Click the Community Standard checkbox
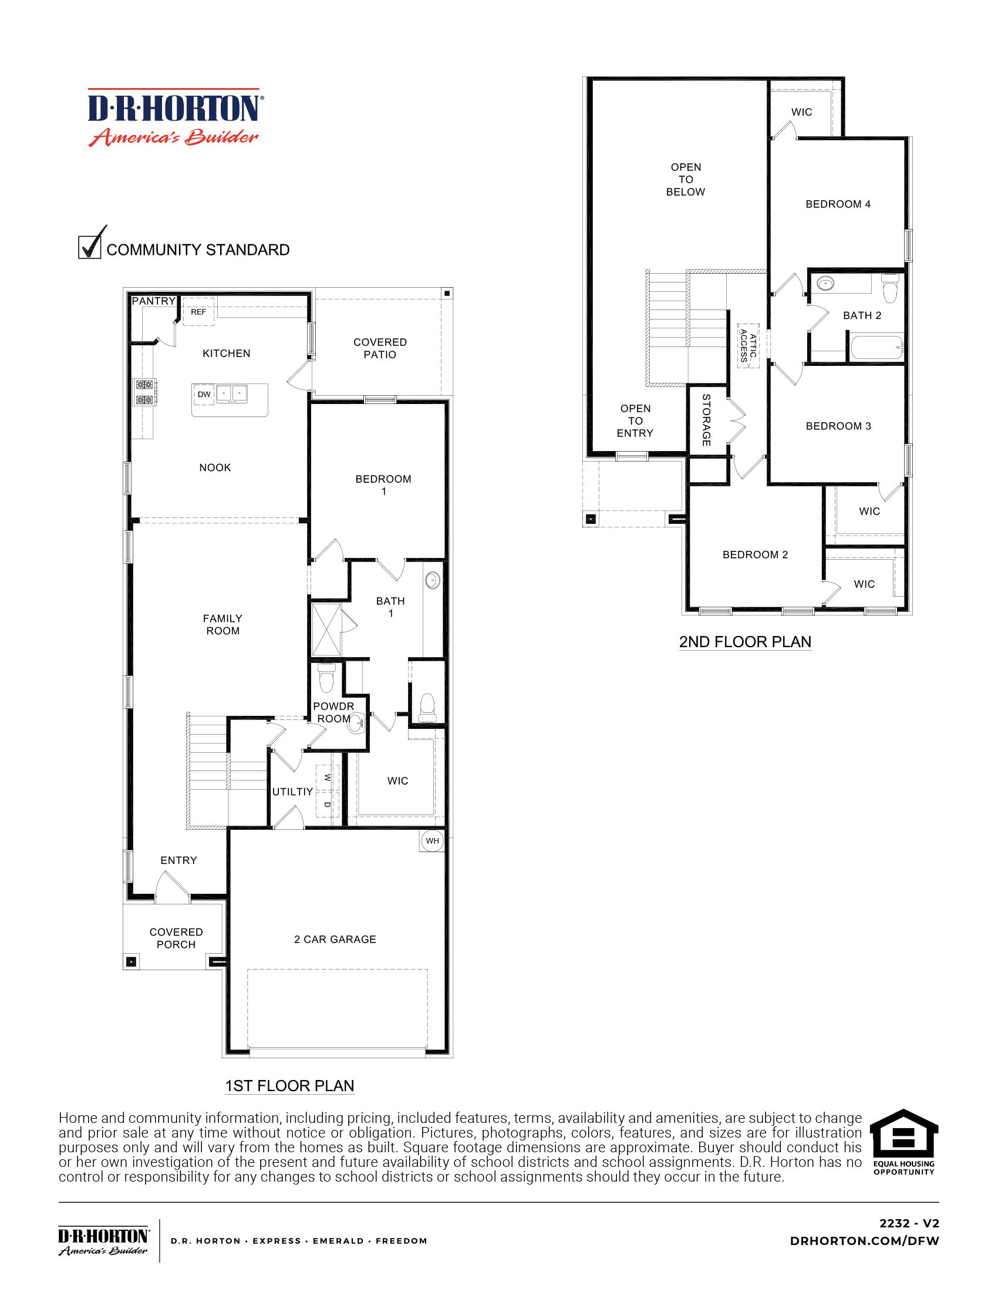[89, 247]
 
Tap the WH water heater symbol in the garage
[433, 840]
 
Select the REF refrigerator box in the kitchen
[198, 312]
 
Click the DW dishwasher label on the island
[204, 395]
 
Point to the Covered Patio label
[380, 348]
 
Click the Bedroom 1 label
[383, 484]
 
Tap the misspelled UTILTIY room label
[292, 792]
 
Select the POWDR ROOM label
[333, 712]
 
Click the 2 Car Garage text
[335, 939]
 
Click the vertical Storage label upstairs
[706, 420]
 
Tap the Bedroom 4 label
[838, 204]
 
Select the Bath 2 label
[861, 315]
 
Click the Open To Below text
[685, 179]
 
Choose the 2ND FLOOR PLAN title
[745, 641]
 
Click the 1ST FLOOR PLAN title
[289, 1085]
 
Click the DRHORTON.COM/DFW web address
[864, 1241]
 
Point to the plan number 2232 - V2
[909, 1223]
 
